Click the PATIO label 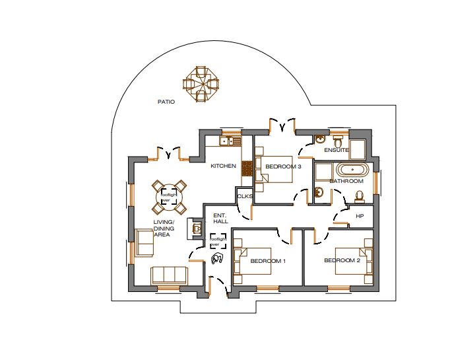coord(166,102)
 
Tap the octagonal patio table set coord(201,84)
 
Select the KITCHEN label coord(224,166)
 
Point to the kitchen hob coord(247,168)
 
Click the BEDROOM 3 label coord(283,166)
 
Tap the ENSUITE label coord(337,150)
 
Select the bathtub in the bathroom coord(352,170)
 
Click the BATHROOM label coord(346,181)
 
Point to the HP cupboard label coord(360,216)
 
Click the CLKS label coord(245,196)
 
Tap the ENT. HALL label coord(221,219)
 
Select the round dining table coord(169,197)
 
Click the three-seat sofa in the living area coord(169,275)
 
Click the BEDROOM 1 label coord(268,261)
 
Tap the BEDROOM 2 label coord(342,260)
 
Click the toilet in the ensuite coord(338,141)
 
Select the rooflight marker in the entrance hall coord(218,241)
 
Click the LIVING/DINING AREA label coord(164,228)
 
